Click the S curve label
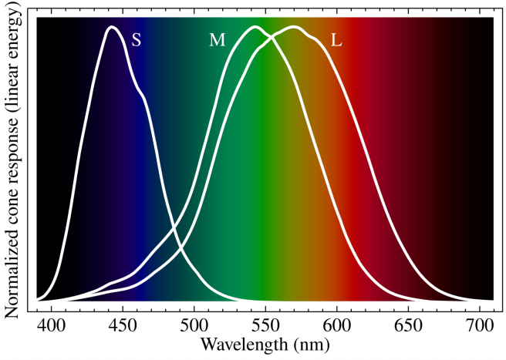click(x=137, y=40)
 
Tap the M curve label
click(x=218, y=40)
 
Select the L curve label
click(x=336, y=40)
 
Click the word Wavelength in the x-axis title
click(x=237, y=343)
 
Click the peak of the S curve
click(x=112, y=27)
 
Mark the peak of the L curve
click(x=294, y=27)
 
